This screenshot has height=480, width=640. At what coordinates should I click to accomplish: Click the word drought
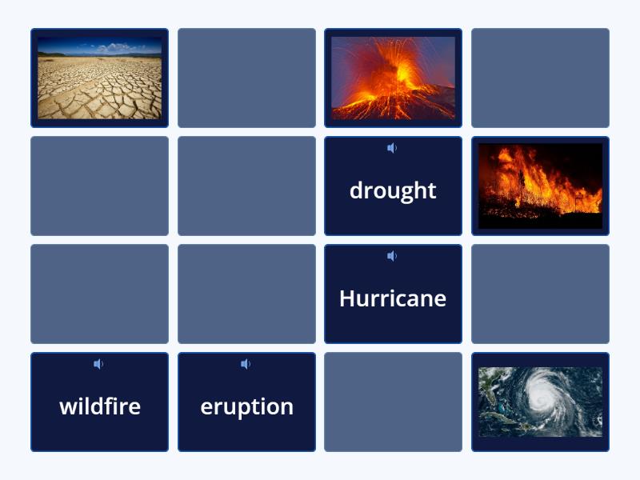(x=393, y=190)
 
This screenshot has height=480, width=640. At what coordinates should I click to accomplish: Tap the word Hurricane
(x=393, y=298)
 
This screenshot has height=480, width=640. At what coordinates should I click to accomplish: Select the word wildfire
(x=100, y=406)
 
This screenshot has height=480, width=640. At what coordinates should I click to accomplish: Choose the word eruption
(x=246, y=406)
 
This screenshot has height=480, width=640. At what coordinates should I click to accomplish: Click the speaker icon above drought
(x=392, y=148)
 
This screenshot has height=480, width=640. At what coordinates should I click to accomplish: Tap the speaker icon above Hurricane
(x=392, y=256)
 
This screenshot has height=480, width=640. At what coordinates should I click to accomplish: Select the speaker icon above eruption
(x=246, y=364)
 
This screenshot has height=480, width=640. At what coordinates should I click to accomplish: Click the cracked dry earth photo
(x=100, y=78)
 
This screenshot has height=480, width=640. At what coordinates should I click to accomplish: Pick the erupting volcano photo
(x=393, y=78)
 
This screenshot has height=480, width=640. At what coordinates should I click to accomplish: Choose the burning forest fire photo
(x=540, y=186)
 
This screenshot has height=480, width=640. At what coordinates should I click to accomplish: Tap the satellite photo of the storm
(x=540, y=402)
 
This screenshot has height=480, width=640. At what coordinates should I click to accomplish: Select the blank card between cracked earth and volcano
(x=246, y=78)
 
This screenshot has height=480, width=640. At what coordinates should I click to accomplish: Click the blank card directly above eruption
(x=246, y=294)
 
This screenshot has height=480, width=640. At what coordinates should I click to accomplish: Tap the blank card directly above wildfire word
(x=100, y=294)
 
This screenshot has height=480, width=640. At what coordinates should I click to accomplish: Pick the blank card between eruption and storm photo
(x=393, y=402)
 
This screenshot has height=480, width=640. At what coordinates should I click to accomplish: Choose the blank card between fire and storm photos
(x=540, y=294)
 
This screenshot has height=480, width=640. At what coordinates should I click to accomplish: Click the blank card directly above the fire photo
(x=540, y=78)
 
